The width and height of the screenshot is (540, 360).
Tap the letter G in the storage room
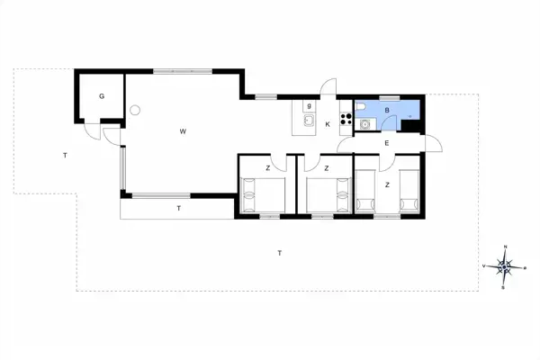[x=102, y=95]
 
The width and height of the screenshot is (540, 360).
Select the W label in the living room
[x=182, y=132]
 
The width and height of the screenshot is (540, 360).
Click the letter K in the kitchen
[x=328, y=123]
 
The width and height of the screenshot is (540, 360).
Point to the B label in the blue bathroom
[x=386, y=111]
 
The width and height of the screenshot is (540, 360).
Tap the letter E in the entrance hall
[x=386, y=143]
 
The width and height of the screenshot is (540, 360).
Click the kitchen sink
[x=307, y=122]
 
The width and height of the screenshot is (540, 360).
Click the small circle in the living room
[x=135, y=110]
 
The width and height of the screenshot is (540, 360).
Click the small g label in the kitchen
[x=308, y=105]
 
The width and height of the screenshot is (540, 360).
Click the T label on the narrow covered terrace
[x=179, y=209]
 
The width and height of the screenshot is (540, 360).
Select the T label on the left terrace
[x=65, y=157]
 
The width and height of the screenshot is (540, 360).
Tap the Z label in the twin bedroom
[x=387, y=184]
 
